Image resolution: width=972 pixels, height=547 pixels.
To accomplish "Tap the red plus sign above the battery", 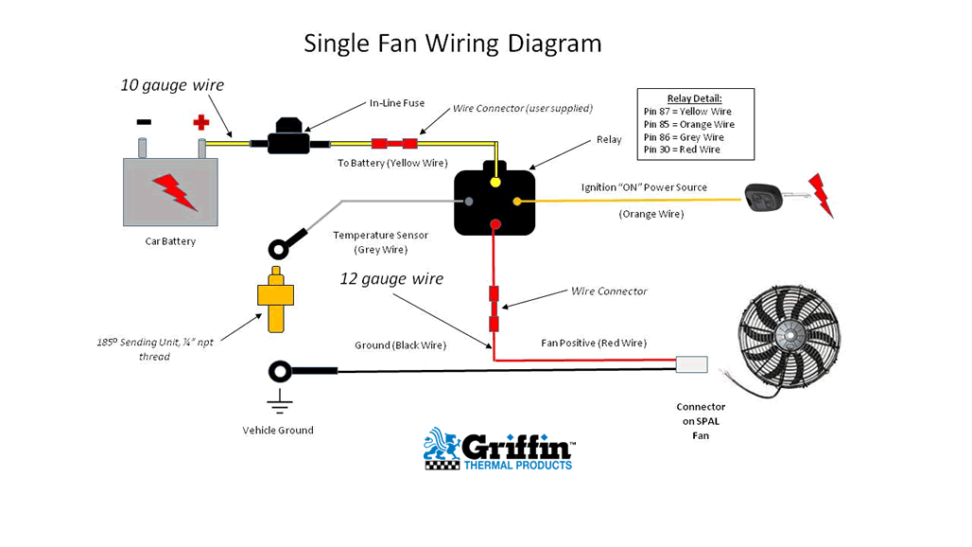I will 200,122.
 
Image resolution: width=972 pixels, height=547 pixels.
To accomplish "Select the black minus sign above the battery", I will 144,122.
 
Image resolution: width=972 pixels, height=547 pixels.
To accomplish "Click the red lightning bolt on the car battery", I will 175,191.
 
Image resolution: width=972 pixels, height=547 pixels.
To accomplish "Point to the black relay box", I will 495,202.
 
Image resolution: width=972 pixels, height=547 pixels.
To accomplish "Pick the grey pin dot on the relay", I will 468,201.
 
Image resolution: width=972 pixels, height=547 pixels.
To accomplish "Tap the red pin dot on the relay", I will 495,224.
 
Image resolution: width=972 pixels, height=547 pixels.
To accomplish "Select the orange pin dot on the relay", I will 517,201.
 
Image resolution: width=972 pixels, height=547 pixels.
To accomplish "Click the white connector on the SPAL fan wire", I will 691,364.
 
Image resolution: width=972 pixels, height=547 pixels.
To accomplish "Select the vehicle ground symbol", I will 279,401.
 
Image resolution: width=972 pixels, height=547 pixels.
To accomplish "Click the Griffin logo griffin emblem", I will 442,449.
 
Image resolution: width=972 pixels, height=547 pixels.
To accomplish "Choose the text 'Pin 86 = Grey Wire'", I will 684,137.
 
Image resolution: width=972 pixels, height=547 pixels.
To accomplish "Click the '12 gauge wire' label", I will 391,279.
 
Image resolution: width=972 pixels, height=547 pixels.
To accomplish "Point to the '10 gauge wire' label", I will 172,85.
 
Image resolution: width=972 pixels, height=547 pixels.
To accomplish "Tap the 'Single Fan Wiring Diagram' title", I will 452,44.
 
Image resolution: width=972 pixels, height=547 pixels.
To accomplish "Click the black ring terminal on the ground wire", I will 281,370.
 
